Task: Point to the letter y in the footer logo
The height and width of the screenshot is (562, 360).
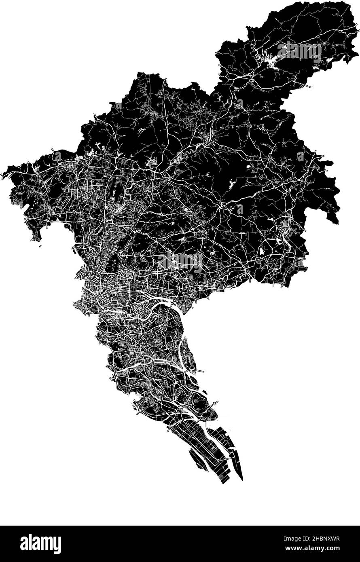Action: click(57, 545)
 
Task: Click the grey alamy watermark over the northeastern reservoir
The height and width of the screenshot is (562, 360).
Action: click(299, 52)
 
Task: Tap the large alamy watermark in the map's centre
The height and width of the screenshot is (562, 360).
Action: click(180, 262)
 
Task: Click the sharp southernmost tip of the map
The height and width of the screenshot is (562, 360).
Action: click(242, 480)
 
